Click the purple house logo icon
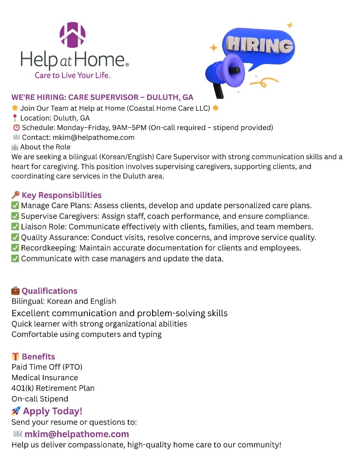tap(72, 35)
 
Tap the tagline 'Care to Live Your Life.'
tap(72, 75)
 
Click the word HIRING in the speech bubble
tap(260, 45)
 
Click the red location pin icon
tap(15, 118)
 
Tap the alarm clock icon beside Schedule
tap(16, 128)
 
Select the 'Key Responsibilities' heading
tap(62, 195)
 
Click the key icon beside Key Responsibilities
tap(15, 195)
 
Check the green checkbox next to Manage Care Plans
tap(15, 206)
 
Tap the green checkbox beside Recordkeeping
tap(15, 248)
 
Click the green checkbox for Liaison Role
tap(15, 227)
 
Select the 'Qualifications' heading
tap(49, 291)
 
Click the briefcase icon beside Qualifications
tap(15, 291)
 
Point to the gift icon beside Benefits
tap(15, 357)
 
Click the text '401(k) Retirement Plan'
tap(53, 388)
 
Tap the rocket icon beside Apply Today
tap(16, 411)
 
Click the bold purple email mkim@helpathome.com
tap(77, 434)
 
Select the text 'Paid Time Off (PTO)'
tap(47, 367)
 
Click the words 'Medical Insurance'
tap(45, 378)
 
